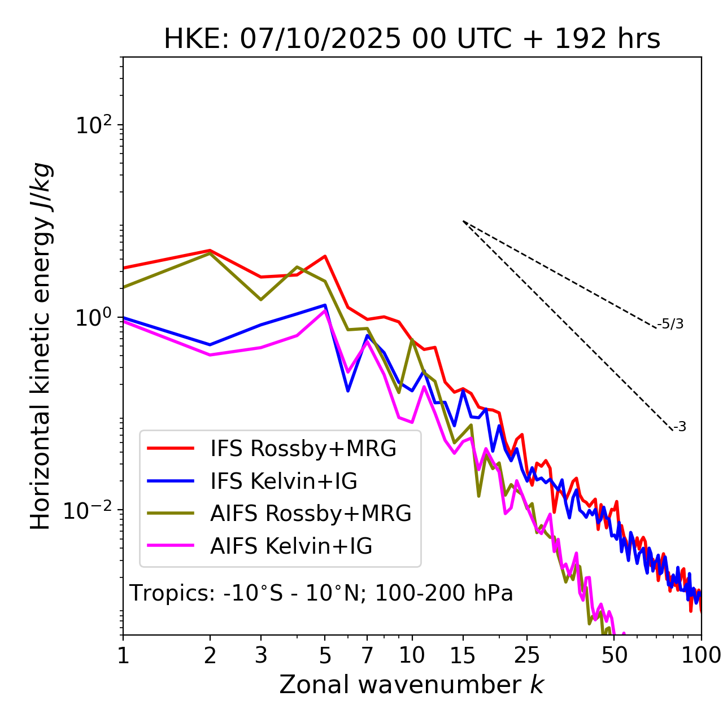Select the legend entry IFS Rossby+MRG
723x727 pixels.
303,448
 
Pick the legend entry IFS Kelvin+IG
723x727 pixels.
284,481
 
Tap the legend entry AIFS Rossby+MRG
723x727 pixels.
311,514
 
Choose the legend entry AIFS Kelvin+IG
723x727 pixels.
291,546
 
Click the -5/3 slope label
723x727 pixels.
670,325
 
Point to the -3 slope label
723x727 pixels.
680,427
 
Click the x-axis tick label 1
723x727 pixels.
123,655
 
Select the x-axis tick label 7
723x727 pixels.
367,655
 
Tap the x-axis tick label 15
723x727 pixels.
463,655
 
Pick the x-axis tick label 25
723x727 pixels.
527,655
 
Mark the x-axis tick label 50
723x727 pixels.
614,655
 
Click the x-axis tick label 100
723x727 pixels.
701,655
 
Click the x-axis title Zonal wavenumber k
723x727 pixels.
412,685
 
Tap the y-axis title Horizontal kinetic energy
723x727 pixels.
41,346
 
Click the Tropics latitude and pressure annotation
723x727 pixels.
321,594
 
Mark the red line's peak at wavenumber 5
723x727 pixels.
325,256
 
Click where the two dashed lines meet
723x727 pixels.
463,221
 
